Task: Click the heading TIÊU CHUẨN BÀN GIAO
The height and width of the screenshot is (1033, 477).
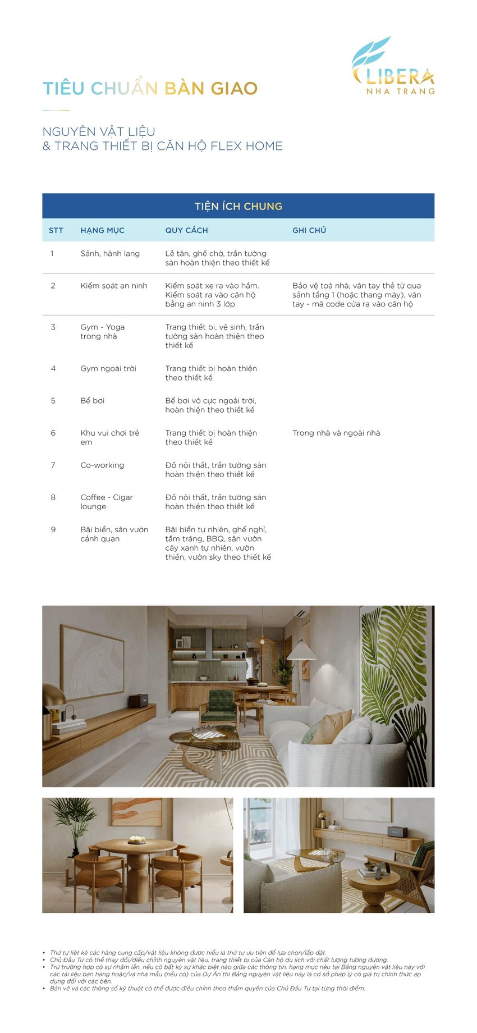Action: pyautogui.click(x=150, y=89)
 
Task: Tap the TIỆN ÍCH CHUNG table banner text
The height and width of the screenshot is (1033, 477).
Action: pyautogui.click(x=238, y=206)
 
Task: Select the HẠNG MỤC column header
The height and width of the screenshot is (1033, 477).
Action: pyautogui.click(x=102, y=230)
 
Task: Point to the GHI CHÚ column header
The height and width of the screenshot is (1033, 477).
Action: pyautogui.click(x=309, y=230)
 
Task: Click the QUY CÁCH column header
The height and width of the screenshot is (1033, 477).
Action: pyautogui.click(x=186, y=230)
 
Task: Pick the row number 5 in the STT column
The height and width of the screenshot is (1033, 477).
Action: pyautogui.click(x=53, y=401)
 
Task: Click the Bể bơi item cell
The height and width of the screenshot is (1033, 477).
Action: pyautogui.click(x=93, y=401)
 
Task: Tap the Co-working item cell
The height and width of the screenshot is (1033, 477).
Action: pyautogui.click(x=102, y=465)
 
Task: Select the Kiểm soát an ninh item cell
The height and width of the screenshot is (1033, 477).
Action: pyautogui.click(x=114, y=286)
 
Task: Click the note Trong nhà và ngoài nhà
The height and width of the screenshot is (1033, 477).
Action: pyautogui.click(x=336, y=433)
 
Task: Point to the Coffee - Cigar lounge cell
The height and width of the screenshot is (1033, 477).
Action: pyautogui.click(x=107, y=502)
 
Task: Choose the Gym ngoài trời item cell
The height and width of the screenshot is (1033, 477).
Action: pyautogui.click(x=108, y=369)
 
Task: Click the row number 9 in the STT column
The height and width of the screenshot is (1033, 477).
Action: pyautogui.click(x=53, y=530)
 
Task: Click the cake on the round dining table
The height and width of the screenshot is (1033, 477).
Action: pyautogui.click(x=135, y=840)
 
